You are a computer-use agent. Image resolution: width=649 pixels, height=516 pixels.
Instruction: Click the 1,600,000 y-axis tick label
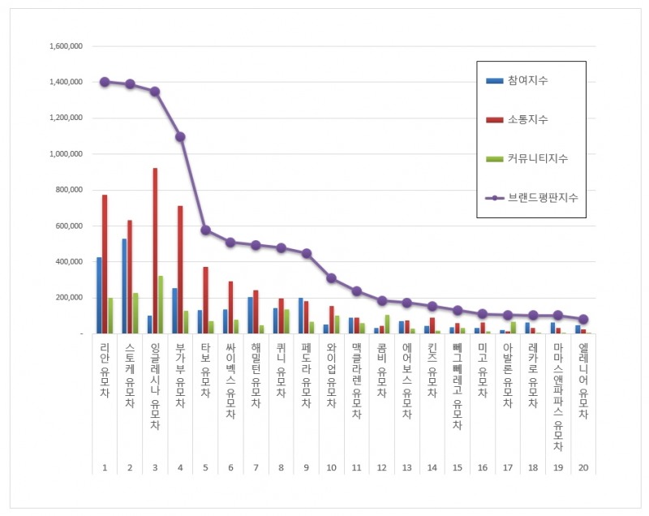(66, 46)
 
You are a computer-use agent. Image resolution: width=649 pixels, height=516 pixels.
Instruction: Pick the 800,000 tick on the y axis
(68, 190)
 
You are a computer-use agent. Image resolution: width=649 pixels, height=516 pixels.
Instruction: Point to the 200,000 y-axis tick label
(68, 298)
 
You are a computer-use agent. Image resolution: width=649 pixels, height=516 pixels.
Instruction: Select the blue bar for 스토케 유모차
(124, 286)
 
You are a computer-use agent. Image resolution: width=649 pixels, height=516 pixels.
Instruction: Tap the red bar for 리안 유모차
(105, 264)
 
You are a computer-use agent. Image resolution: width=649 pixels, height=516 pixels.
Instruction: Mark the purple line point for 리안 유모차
(105, 82)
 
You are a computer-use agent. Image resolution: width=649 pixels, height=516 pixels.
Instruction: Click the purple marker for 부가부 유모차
(180, 136)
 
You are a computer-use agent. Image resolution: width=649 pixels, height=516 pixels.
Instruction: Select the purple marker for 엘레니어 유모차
(583, 320)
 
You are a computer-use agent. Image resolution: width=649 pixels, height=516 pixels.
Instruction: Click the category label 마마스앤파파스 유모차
(558, 397)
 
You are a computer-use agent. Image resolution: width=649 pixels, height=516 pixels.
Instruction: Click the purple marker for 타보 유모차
(205, 230)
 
